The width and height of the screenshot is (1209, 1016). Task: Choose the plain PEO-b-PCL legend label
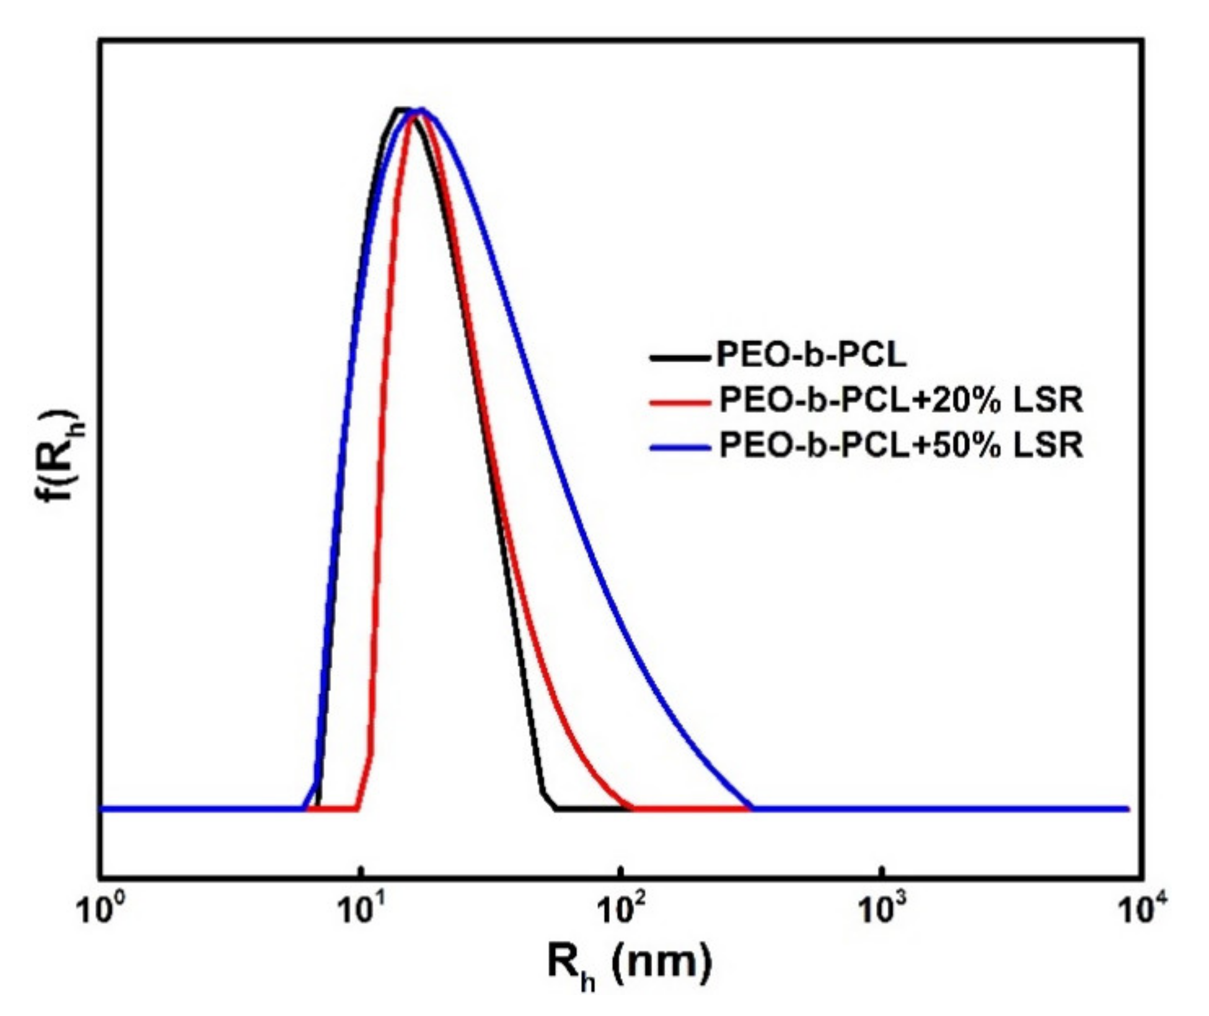[x=811, y=356]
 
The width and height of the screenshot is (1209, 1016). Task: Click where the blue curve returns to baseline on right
[x=752, y=808]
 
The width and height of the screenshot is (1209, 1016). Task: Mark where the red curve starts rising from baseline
[x=358, y=808]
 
